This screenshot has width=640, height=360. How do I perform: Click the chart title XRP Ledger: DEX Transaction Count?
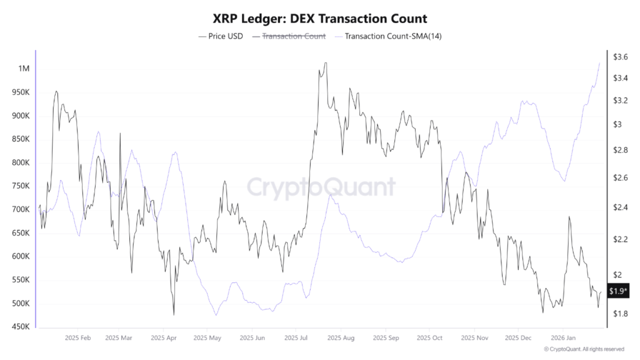click(320, 19)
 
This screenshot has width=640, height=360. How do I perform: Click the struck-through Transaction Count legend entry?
click(293, 36)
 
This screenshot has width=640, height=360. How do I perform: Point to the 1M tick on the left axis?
click(24, 68)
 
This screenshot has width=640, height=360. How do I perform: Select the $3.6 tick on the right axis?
click(621, 57)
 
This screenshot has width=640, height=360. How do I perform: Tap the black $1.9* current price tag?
click(619, 291)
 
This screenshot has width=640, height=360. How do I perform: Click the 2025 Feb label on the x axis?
click(77, 337)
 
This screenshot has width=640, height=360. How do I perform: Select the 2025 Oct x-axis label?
click(429, 337)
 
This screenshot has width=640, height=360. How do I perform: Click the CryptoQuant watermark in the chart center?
click(320, 187)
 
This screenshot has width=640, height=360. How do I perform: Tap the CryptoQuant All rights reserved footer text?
click(584, 349)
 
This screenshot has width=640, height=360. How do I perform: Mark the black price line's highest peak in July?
click(325, 62)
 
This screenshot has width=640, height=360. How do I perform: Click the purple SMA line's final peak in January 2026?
click(599, 62)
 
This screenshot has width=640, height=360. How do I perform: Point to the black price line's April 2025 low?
click(173, 314)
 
